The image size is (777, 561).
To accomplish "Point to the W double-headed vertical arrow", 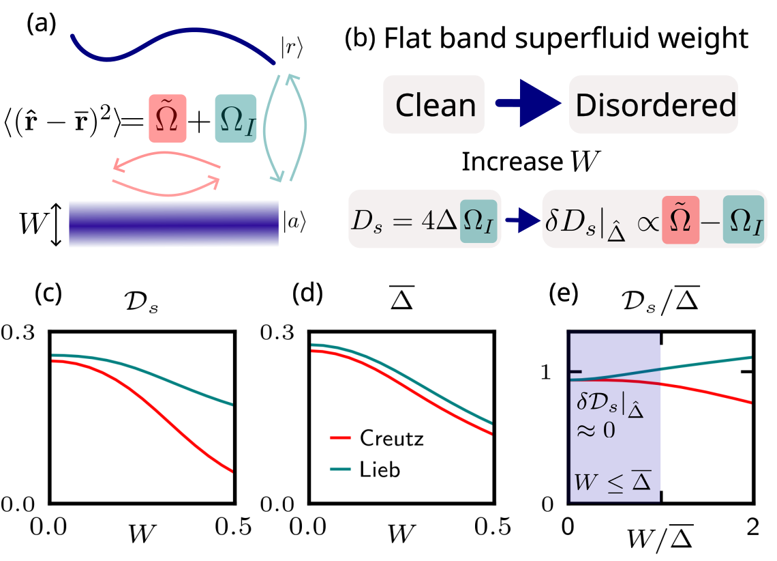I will [57, 222].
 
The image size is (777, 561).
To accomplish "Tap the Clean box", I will [435, 105].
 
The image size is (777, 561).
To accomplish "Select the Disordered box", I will [654, 105].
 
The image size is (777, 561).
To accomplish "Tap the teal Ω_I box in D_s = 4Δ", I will [480, 220].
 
